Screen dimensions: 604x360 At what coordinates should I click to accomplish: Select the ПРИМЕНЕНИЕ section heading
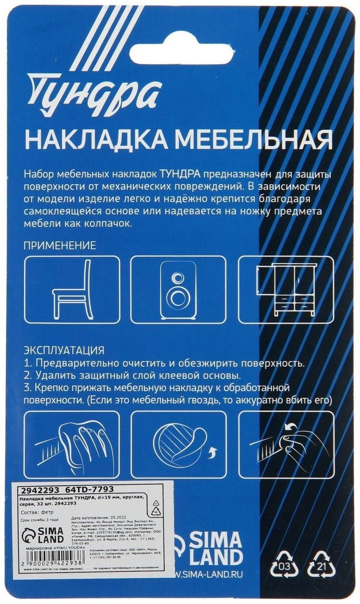pyautogui.click(x=60, y=245)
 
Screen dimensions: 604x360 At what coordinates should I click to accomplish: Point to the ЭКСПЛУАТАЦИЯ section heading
pyautogui.click(x=64, y=350)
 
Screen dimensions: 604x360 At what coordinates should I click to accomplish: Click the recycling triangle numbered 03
pyautogui.click(x=284, y=564)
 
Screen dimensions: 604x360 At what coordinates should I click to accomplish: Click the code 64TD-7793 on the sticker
pyautogui.click(x=90, y=490)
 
